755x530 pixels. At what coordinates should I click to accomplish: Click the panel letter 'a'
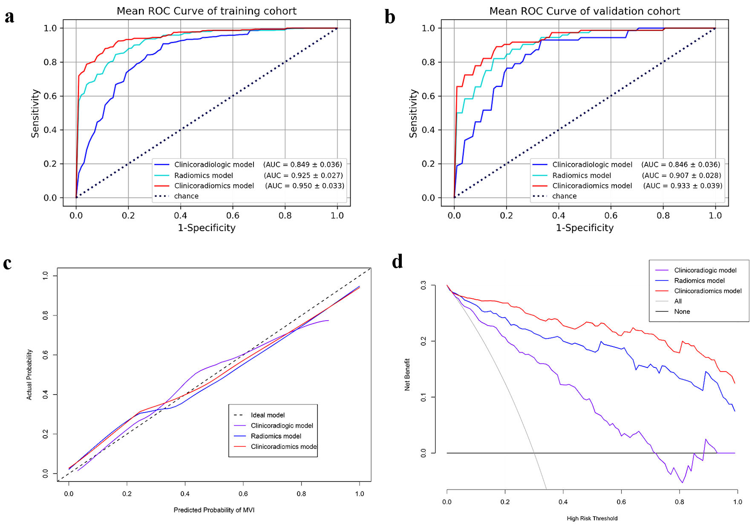[9, 17]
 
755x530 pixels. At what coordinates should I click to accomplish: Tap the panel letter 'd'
[397, 261]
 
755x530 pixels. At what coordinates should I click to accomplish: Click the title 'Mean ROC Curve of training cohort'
[207, 11]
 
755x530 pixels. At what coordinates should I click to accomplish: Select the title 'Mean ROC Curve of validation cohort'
[585, 11]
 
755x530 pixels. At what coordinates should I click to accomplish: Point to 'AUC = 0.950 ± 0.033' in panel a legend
[305, 186]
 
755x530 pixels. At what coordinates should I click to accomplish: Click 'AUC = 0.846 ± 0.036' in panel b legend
[681, 164]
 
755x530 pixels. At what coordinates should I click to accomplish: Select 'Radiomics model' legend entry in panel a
[203, 175]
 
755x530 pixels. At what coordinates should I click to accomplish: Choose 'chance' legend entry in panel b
[564, 196]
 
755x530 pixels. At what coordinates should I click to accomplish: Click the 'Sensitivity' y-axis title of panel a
[35, 113]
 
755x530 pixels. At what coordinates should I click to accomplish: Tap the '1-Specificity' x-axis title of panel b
[585, 228]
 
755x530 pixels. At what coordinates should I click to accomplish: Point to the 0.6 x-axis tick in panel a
[233, 215]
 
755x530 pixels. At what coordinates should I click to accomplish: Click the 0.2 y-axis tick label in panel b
[428, 164]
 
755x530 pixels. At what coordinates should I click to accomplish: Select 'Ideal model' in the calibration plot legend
[268, 415]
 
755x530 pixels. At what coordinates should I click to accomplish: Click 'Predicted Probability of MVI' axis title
[214, 510]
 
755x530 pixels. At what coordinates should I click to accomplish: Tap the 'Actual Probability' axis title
[29, 375]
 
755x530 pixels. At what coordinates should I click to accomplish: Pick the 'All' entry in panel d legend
[678, 301]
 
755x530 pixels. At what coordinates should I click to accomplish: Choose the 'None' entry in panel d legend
[682, 312]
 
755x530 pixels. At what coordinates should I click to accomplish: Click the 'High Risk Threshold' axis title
[592, 519]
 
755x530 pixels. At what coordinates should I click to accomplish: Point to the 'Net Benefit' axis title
[407, 375]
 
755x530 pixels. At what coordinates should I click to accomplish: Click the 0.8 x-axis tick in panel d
[680, 502]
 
